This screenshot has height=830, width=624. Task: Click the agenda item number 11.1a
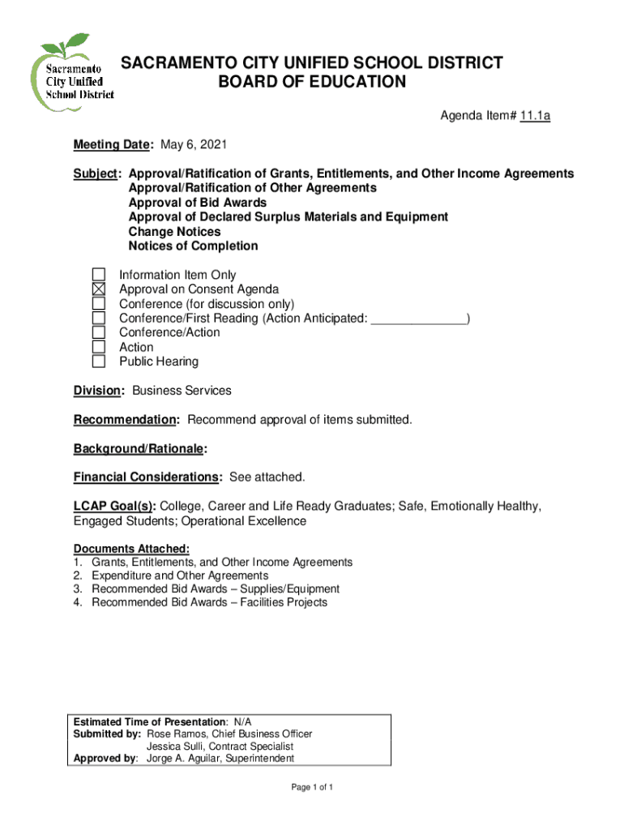coord(535,116)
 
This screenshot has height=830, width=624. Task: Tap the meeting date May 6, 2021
coord(194,145)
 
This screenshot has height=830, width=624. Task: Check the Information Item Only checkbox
coord(98,275)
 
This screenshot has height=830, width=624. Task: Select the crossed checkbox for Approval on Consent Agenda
coord(98,289)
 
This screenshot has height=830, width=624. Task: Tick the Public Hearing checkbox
coord(98,362)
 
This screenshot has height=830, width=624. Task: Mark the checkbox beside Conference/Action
coord(98,332)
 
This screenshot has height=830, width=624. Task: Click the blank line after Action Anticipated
coord(419,319)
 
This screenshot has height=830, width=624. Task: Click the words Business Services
coord(182,391)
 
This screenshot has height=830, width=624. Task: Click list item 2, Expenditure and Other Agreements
coord(180,575)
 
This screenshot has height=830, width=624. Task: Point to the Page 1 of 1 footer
coord(312,788)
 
